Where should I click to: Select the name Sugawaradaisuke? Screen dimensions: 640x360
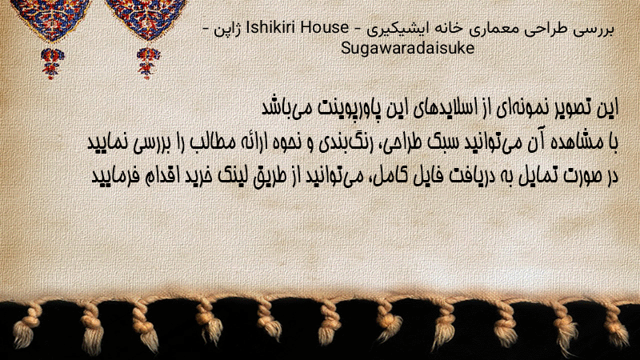[407, 49]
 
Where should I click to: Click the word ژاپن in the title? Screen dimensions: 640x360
[228, 30]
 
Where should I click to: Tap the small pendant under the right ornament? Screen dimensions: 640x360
[148, 63]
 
